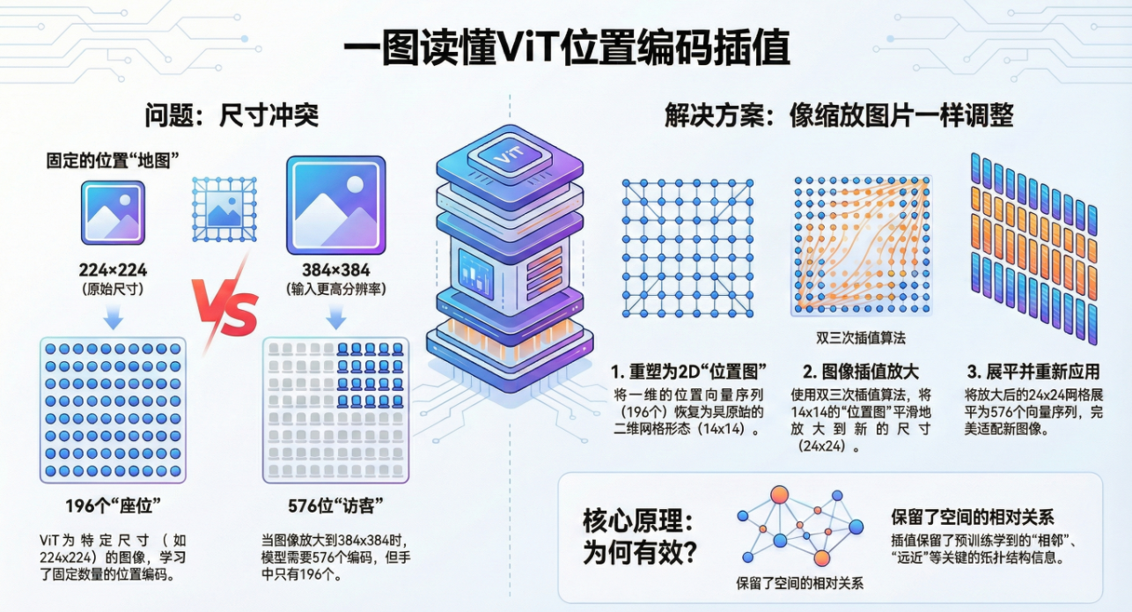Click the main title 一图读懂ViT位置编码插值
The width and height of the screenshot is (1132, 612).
(566, 48)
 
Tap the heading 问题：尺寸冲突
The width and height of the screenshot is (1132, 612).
(232, 115)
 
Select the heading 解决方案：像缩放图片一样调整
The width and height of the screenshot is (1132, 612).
(839, 115)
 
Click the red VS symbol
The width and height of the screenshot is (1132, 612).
(226, 311)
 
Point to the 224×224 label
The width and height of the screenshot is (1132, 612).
(113, 270)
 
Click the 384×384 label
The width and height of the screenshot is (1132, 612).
(336, 270)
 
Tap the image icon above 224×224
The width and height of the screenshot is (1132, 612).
(113, 212)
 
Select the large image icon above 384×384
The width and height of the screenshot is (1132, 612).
(336, 205)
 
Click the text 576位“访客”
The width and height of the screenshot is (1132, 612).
(335, 506)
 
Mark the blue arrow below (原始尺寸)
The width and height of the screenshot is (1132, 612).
(113, 315)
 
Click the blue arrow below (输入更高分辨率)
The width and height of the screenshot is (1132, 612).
(336, 315)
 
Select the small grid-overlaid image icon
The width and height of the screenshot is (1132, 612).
(219, 209)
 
